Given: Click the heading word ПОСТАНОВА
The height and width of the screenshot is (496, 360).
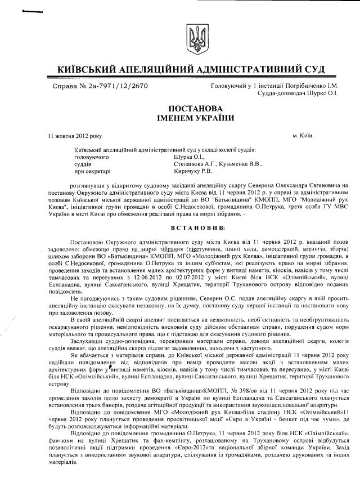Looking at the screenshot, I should [x=195, y=108].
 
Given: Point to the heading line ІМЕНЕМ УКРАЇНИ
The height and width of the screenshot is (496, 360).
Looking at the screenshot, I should [x=195, y=118].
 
